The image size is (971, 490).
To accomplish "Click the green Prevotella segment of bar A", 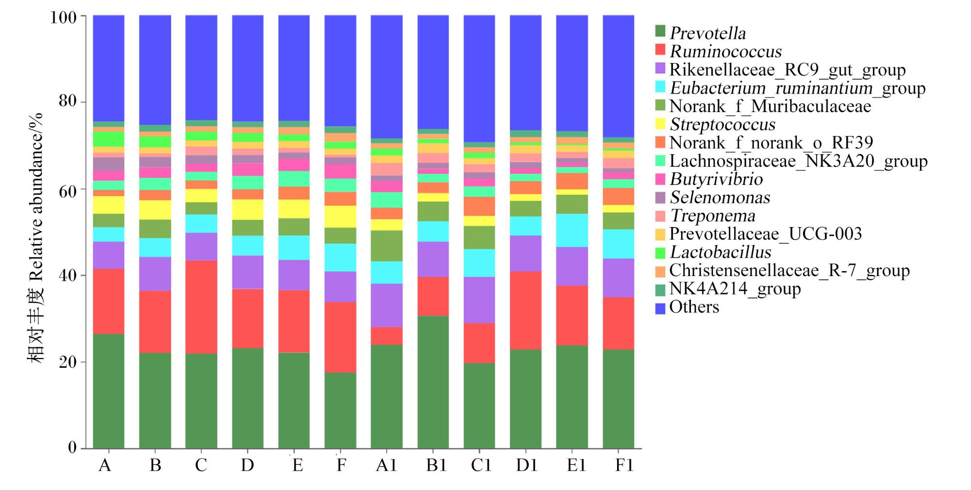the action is [108, 391].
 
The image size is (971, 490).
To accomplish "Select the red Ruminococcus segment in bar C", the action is [201, 307].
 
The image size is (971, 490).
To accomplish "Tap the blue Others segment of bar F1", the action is [618, 76].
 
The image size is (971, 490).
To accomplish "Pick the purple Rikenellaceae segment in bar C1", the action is [479, 300].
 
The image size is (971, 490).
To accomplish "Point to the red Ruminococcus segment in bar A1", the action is [386, 336].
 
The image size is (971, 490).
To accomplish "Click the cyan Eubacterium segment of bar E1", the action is [572, 230].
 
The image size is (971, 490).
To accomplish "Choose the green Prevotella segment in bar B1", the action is [433, 382].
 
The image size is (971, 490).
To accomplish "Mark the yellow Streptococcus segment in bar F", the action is [340, 216].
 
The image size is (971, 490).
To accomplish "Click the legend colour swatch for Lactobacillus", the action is [660, 253].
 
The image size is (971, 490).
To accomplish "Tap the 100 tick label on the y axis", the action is [63, 17].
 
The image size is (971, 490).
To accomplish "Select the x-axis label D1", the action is [526, 466].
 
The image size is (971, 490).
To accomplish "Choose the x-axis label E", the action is [298, 466].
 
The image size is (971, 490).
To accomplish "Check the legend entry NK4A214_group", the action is [728, 289].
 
